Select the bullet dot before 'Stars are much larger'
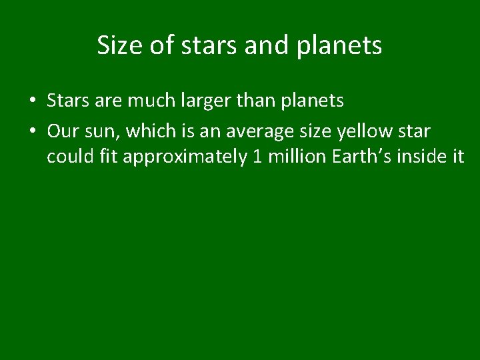click(x=32, y=101)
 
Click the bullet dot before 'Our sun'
click(x=32, y=131)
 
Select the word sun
click(x=101, y=131)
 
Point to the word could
click(x=67, y=158)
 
